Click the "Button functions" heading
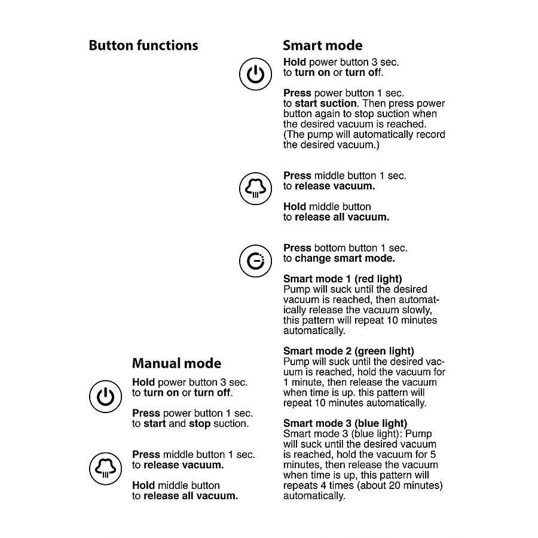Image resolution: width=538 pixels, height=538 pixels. [143, 45]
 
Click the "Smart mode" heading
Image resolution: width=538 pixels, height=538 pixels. [322, 45]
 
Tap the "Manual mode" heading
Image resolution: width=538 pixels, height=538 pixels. [176, 363]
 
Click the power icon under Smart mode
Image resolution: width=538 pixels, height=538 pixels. [255, 74]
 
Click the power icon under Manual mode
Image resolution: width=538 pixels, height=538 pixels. [105, 397]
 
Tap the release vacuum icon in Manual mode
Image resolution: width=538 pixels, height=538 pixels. [105, 468]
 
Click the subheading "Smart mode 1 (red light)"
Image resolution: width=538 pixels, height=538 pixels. [343, 279]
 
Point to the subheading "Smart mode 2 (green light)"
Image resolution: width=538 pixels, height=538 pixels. [349, 351]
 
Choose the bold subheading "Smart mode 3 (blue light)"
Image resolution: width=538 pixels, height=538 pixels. [345, 423]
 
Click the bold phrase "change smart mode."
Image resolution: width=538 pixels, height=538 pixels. [345, 258]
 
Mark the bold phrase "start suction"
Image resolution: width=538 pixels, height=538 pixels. [325, 103]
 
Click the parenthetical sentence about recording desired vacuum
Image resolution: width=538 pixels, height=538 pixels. [364, 140]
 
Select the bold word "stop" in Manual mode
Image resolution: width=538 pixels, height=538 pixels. [200, 424]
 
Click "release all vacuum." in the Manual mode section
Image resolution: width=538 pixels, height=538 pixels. [191, 496]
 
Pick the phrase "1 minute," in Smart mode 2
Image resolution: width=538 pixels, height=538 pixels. [304, 382]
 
